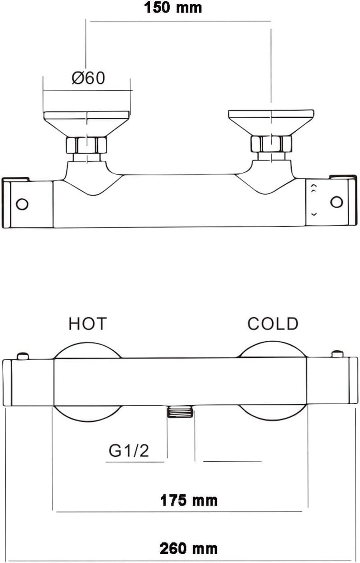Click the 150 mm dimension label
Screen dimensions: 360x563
pos(173,8)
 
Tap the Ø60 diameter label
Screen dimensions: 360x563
pos(88,78)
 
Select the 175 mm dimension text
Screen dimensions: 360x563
pos(189,500)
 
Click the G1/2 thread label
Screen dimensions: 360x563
pos(129,451)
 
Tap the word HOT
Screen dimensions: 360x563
pos(88,323)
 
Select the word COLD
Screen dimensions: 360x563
pos(273,323)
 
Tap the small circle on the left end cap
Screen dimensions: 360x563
pos(22,204)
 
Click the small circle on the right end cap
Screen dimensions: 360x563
pos(337,202)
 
